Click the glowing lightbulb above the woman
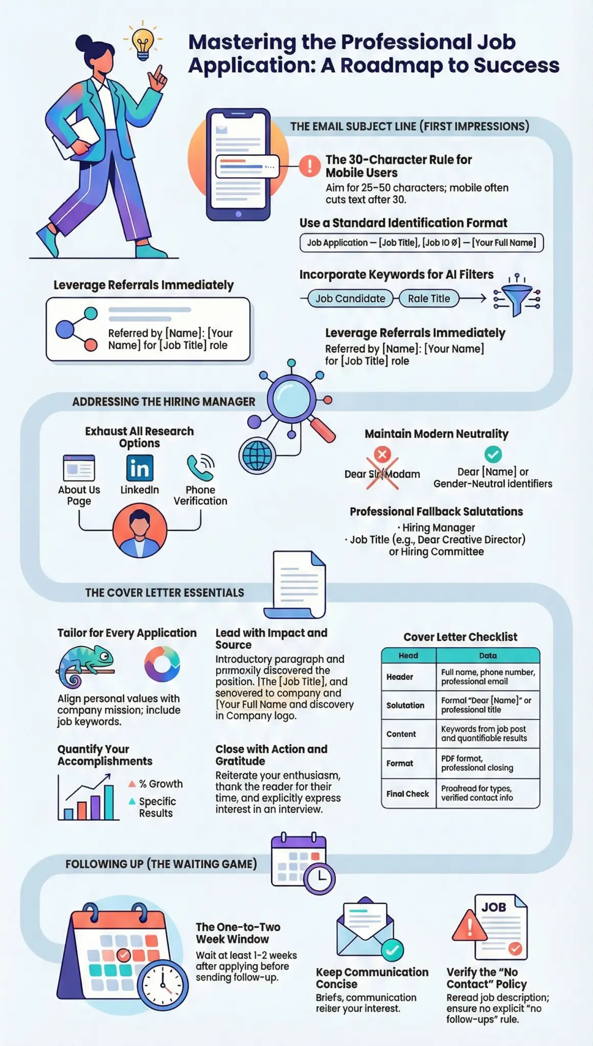pyautogui.click(x=143, y=41)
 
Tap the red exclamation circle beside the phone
pyautogui.click(x=309, y=165)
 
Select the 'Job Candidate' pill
pyautogui.click(x=350, y=298)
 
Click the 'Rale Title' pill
pyautogui.click(x=429, y=298)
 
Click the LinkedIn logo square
pyautogui.click(x=140, y=468)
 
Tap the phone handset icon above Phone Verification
pyautogui.click(x=199, y=467)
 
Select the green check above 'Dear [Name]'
pyautogui.click(x=493, y=454)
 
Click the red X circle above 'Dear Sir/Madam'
pyautogui.click(x=382, y=454)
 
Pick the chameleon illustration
pyautogui.click(x=84, y=665)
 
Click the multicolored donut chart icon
pyautogui.click(x=162, y=664)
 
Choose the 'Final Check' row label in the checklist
pyautogui.click(x=407, y=794)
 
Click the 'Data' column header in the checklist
pyautogui.click(x=488, y=655)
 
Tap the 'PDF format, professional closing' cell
pyautogui.click(x=488, y=763)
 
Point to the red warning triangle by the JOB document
pyautogui.click(x=469, y=925)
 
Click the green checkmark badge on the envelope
pyautogui.click(x=392, y=949)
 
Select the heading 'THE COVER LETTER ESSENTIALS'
pyautogui.click(x=165, y=592)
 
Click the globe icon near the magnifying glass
pyautogui.click(x=257, y=455)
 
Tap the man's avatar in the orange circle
pyautogui.click(x=140, y=530)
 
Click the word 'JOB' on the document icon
pyautogui.click(x=494, y=907)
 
